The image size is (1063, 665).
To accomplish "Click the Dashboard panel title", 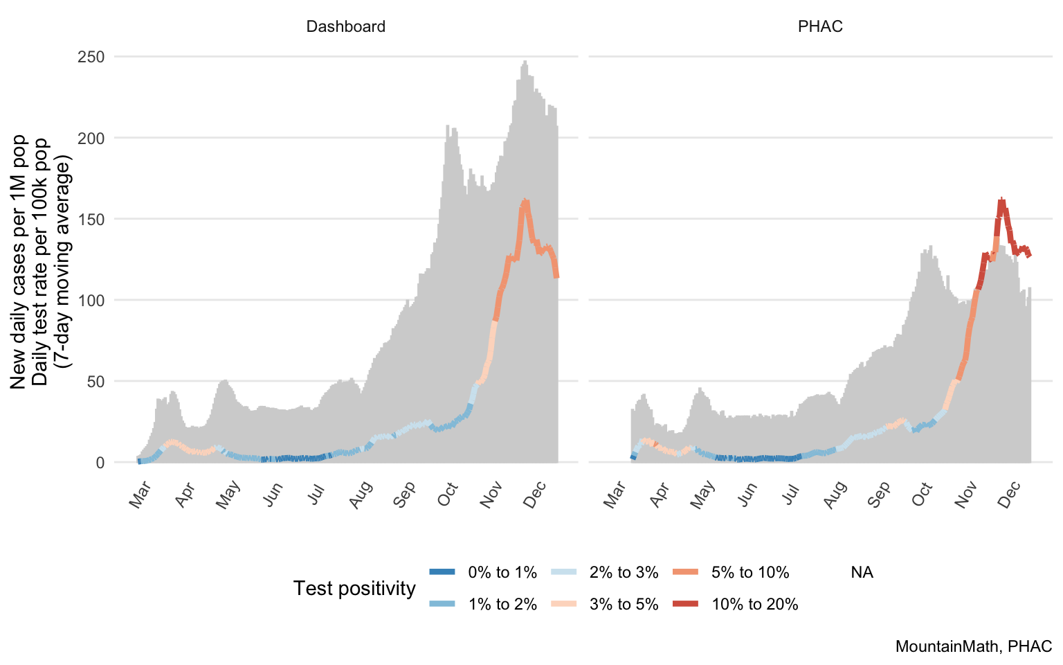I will pyautogui.click(x=345, y=27).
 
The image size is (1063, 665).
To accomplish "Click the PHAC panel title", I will pyautogui.click(x=820, y=27).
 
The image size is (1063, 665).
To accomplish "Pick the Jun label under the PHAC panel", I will pyautogui.click(x=747, y=494).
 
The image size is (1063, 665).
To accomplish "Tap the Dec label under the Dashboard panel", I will pyautogui.click(x=536, y=494).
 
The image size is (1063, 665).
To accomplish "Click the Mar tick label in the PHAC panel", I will pyautogui.click(x=615, y=494).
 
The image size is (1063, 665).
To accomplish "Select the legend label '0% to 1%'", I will pyautogui.click(x=502, y=573).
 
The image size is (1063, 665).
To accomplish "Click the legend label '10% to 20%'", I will pyautogui.click(x=754, y=605).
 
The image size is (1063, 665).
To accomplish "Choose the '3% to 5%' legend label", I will pyautogui.click(x=624, y=605).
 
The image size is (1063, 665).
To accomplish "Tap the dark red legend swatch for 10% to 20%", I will pyautogui.click(x=685, y=605).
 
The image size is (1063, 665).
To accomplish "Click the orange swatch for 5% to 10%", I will pyautogui.click(x=685, y=573).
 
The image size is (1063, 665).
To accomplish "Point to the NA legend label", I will pyautogui.click(x=862, y=573).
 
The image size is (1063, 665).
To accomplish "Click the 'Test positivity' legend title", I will pyautogui.click(x=354, y=589).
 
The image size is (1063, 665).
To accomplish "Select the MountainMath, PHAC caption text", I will pyautogui.click(x=973, y=647).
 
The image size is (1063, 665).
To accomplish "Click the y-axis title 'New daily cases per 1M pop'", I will pyautogui.click(x=19, y=262).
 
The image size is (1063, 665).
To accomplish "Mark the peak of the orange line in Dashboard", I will pyautogui.click(x=525, y=202).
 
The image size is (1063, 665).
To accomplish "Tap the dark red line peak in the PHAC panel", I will pyautogui.click(x=1001, y=200).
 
